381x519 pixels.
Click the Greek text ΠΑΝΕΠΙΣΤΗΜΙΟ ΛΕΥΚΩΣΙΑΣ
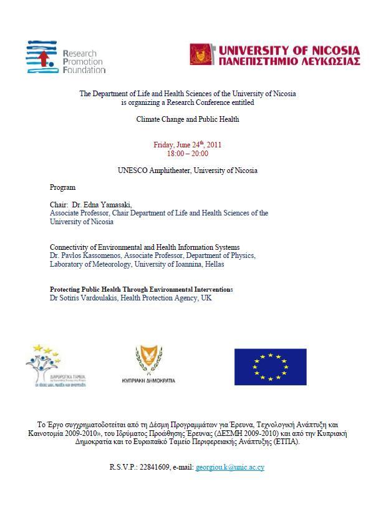tap(289, 61)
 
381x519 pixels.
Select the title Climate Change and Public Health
tap(188, 119)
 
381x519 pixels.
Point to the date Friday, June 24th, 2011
tap(187, 145)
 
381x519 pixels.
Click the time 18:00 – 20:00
tap(187, 154)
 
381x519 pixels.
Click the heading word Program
tap(62, 187)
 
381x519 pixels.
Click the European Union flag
tap(270, 367)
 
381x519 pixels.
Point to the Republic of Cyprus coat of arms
tap(148, 360)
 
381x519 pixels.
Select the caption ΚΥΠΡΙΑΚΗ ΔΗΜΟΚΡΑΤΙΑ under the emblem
tap(148, 380)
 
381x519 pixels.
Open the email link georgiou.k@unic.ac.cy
tap(229, 467)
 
